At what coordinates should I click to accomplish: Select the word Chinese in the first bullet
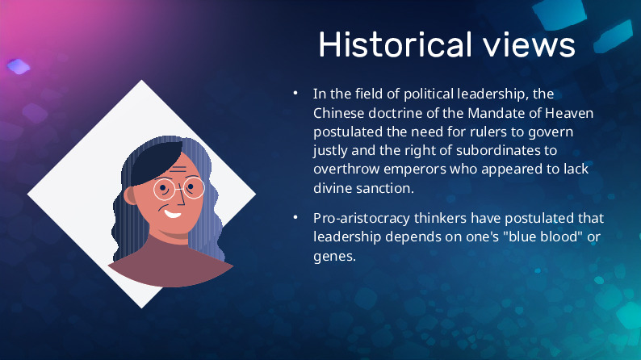(338, 113)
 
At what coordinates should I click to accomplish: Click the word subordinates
(498, 150)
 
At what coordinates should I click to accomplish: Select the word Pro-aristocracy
(362, 218)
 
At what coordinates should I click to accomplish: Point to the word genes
(334, 257)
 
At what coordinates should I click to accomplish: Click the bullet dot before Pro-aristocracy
(295, 218)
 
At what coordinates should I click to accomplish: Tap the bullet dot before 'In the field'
(295, 94)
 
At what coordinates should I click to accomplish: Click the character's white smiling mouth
(172, 214)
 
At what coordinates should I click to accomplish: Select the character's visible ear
(130, 195)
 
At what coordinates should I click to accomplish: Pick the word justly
(330, 151)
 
